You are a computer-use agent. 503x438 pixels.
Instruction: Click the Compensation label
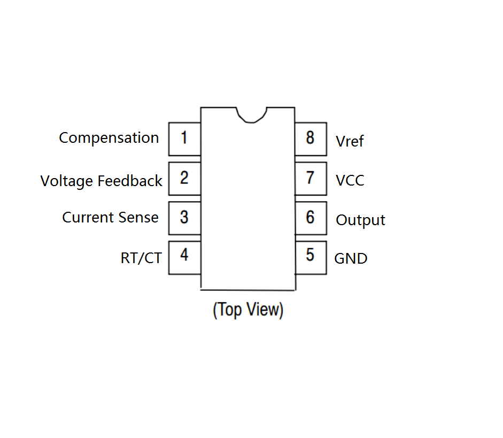[x=109, y=139]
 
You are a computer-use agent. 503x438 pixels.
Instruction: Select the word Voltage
[x=66, y=181]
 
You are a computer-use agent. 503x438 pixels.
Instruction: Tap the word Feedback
[x=130, y=181]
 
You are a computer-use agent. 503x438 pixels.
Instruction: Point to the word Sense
[x=138, y=218]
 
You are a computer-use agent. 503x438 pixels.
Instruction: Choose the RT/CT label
[x=141, y=258]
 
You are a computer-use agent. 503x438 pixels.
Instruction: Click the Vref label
[x=350, y=141]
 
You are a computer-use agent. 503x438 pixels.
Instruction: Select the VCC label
[x=350, y=180]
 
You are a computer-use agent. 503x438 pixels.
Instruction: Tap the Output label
[x=360, y=220]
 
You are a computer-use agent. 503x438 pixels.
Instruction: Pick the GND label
[x=351, y=259]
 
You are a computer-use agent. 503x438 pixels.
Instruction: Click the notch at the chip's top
[x=251, y=122]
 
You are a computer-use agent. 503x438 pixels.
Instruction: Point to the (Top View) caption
[x=248, y=310]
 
